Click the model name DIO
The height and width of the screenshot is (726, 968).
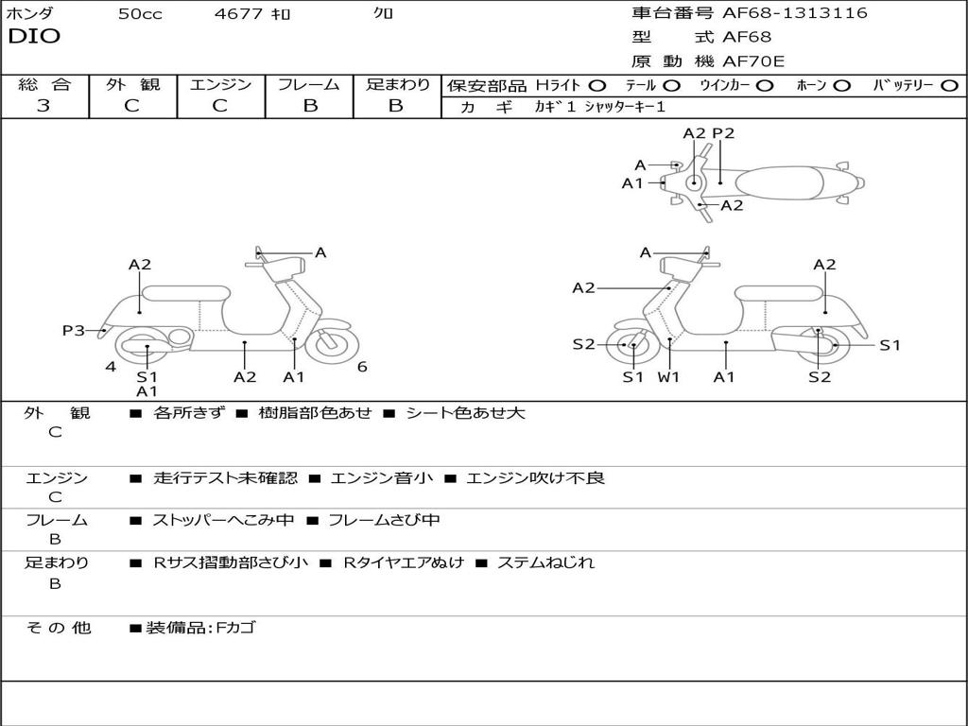(x=34, y=37)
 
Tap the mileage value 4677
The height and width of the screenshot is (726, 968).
(x=240, y=14)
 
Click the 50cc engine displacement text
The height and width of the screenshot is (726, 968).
(x=140, y=14)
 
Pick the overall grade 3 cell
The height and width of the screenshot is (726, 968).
(x=43, y=106)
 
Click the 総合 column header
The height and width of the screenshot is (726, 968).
(x=44, y=85)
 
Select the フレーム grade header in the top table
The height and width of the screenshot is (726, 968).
(x=308, y=85)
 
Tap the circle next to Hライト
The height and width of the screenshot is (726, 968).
(x=597, y=86)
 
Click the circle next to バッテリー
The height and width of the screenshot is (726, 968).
(x=949, y=86)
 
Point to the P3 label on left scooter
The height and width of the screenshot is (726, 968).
(x=73, y=330)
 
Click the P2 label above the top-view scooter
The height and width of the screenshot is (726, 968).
(x=723, y=133)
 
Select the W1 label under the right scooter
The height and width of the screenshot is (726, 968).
(x=668, y=377)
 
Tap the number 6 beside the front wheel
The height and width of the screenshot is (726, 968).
(x=362, y=367)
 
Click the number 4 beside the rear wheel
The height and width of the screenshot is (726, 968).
(x=111, y=367)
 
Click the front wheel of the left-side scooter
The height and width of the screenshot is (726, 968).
(x=331, y=344)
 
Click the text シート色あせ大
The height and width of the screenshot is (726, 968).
(x=465, y=413)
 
